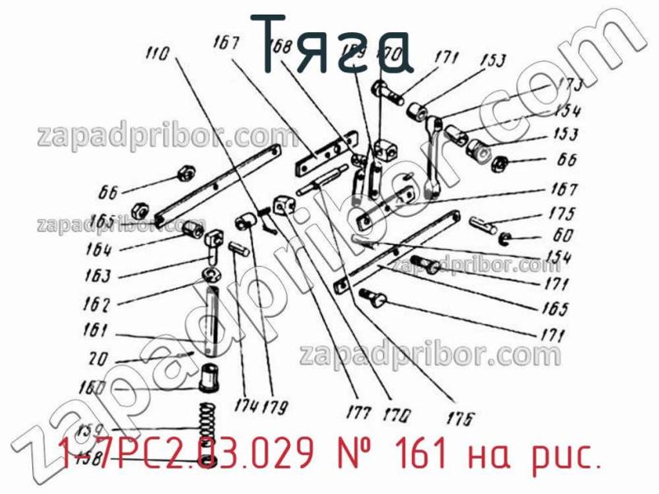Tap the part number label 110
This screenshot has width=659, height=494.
[x=157, y=54]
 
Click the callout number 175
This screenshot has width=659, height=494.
[x=563, y=213]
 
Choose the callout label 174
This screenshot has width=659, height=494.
[x=245, y=407]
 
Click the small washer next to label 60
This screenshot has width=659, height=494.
[x=506, y=240]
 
